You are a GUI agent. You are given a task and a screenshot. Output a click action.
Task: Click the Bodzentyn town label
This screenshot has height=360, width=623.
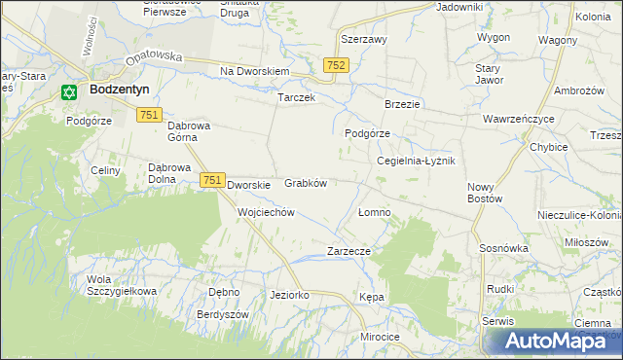point(119,89)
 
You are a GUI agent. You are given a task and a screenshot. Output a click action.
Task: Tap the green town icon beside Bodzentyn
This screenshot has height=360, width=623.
point(68,92)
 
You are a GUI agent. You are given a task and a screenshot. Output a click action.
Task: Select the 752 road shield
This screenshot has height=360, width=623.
point(336,64)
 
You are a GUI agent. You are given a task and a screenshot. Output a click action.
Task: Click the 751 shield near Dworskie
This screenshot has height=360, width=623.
point(213,181)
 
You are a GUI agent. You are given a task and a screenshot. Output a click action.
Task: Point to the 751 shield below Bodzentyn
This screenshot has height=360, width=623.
point(148,115)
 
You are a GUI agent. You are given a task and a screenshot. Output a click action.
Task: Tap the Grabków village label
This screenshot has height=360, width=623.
point(305,183)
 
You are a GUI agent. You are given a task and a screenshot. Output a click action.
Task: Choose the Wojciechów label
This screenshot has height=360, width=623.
point(266,212)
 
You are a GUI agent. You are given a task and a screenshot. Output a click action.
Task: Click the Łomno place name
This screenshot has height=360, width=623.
point(375,212)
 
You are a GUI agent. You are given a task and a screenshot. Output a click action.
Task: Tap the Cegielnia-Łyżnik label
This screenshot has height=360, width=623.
point(416,162)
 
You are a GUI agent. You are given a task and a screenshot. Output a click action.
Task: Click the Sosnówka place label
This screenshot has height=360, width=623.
point(503,248)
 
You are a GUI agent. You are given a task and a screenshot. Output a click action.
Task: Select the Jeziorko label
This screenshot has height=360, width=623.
point(289,294)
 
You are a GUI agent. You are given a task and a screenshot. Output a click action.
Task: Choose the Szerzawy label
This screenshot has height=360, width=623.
point(364,40)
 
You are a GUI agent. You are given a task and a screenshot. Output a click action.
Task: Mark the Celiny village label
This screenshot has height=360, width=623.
point(104,171)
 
